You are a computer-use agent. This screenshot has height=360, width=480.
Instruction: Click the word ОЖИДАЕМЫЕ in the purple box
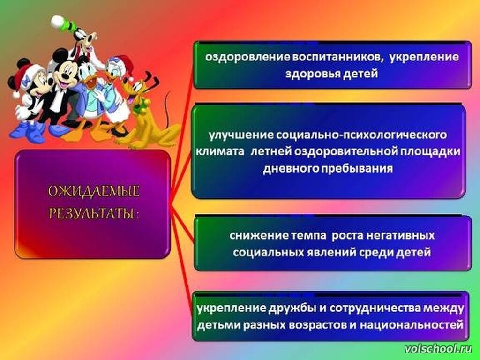tap(94, 191)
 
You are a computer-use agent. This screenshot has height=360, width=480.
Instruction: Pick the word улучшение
tap(240, 135)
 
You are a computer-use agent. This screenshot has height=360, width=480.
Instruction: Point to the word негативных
tap(400, 235)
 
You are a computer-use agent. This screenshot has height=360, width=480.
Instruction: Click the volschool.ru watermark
tap(438, 348)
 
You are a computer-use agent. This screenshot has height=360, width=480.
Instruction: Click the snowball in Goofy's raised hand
tap(57, 21)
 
